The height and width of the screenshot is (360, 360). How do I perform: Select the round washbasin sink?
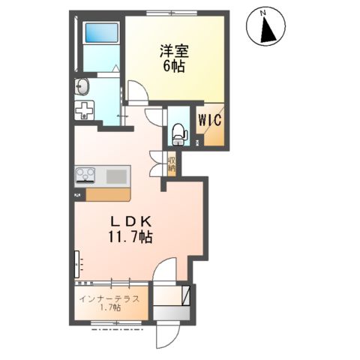[82, 87]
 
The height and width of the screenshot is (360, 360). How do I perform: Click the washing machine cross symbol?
[84, 111]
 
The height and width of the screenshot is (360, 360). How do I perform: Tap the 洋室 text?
[174, 51]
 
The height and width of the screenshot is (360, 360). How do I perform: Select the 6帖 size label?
[174, 66]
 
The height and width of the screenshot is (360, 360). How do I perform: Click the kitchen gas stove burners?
[84, 176]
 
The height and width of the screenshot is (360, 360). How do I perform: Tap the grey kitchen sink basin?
[115, 176]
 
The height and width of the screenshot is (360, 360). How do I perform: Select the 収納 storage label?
[171, 163]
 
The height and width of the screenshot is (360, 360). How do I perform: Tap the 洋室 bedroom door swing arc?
[136, 93]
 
